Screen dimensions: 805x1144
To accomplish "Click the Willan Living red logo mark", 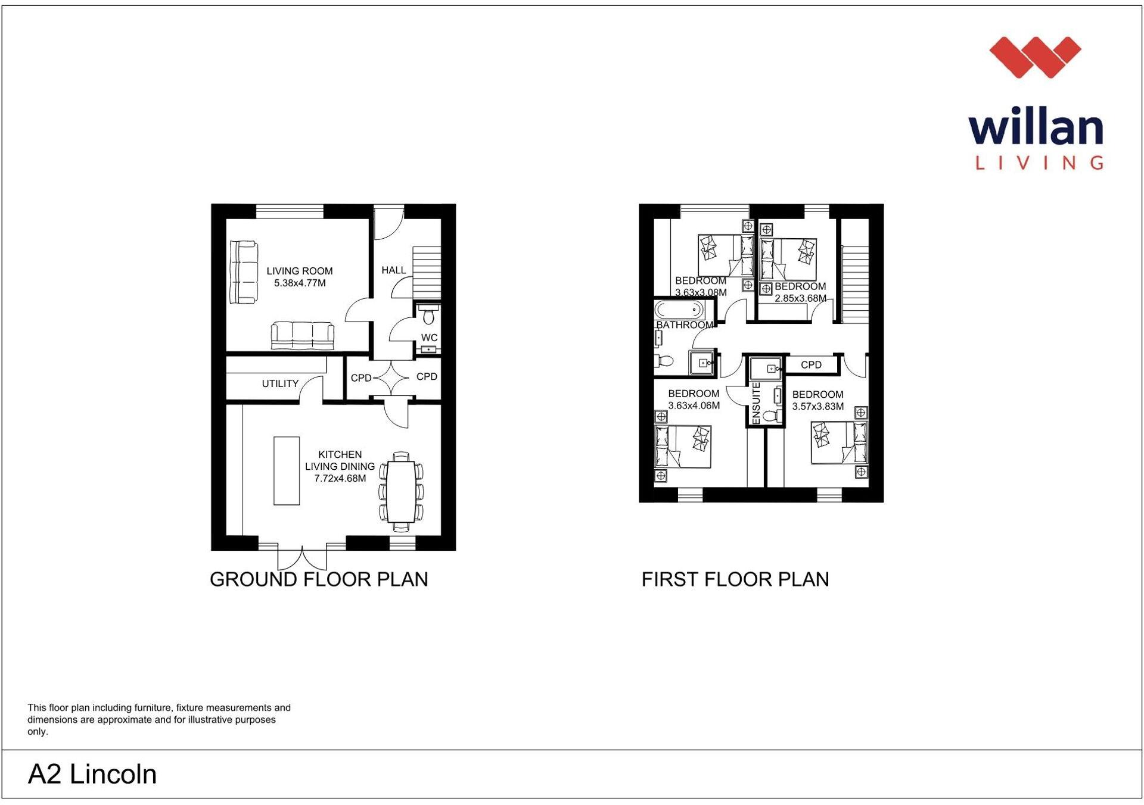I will [x=1035, y=57].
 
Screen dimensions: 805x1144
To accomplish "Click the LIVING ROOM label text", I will [x=299, y=271].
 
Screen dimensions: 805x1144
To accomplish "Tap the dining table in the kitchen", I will [x=401, y=492].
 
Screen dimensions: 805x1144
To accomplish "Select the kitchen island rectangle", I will [x=286, y=470].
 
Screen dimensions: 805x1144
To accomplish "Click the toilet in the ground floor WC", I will [x=427, y=313].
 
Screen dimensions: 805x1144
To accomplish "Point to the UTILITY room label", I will [x=280, y=383].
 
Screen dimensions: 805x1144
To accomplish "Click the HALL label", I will [x=393, y=270].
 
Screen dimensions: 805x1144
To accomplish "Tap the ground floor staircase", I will [x=427, y=273].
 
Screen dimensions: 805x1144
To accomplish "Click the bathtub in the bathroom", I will [x=679, y=310].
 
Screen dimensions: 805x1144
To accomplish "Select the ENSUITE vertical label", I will [x=756, y=403].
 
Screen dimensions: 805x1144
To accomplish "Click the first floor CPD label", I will [x=811, y=364].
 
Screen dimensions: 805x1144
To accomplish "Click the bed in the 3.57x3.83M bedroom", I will [x=839, y=442].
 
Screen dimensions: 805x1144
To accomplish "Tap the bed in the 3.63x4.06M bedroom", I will [x=683, y=447].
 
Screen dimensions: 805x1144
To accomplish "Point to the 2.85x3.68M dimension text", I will [x=800, y=298].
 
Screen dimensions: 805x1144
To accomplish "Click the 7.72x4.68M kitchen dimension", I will [x=340, y=478].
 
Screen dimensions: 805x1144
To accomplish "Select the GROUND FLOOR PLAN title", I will [x=319, y=579].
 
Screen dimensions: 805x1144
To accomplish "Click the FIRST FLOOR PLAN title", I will [x=735, y=579].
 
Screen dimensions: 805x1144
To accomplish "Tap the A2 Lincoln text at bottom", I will [x=92, y=774].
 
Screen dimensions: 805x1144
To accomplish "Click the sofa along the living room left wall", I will [x=243, y=272].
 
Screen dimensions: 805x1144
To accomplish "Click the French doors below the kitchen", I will [x=302, y=557].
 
